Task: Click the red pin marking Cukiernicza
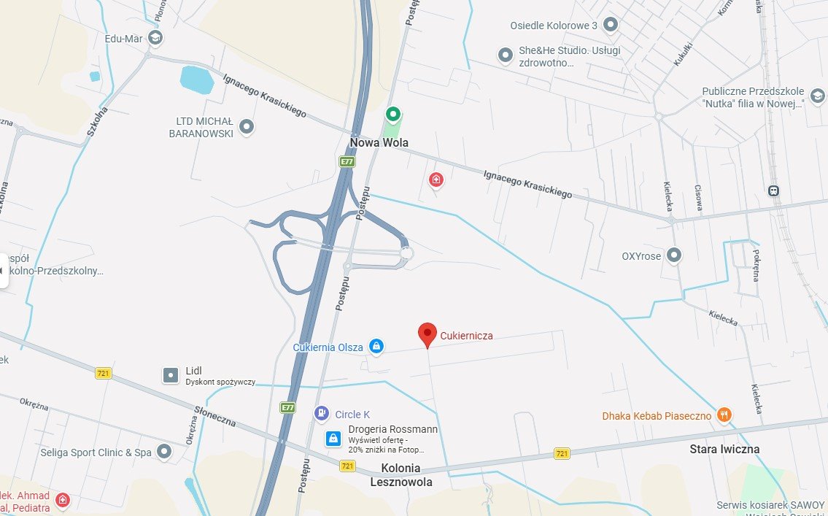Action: click(x=427, y=334)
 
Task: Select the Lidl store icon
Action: click(x=170, y=375)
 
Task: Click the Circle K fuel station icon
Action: click(x=321, y=414)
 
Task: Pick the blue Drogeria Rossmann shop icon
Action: click(x=333, y=439)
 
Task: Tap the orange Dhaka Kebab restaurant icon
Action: click(x=724, y=415)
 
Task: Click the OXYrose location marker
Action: click(x=675, y=255)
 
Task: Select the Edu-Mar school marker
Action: click(x=155, y=37)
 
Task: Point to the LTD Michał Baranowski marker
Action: click(x=247, y=127)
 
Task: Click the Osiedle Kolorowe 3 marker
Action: click(x=611, y=26)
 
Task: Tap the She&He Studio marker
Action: click(x=505, y=55)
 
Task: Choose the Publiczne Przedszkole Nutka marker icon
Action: click(x=818, y=96)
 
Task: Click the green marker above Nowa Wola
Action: click(x=393, y=114)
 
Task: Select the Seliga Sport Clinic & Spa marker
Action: click(x=164, y=452)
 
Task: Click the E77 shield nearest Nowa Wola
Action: click(x=347, y=161)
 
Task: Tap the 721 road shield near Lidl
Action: click(x=104, y=373)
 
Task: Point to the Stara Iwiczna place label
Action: click(x=724, y=449)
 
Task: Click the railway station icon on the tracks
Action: click(x=773, y=191)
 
